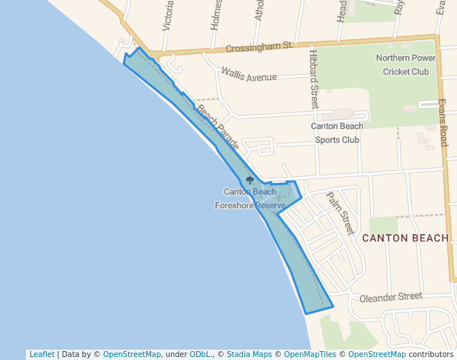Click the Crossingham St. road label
[259, 47]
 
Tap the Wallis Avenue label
[249, 75]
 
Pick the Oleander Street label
[390, 298]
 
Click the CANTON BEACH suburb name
[405, 238]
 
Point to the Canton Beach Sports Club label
[337, 133]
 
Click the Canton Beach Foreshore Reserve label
[250, 199]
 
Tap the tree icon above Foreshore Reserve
[250, 180]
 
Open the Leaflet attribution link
[41, 354]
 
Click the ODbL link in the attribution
[200, 354]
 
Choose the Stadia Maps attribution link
[247, 354]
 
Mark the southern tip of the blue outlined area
[305, 313]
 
